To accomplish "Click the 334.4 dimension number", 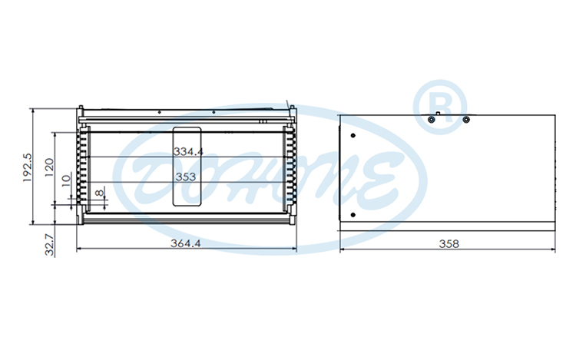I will [x=187, y=152].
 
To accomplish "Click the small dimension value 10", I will [x=67, y=183].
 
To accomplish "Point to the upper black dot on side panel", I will [x=353, y=136].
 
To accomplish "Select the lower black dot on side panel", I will [x=353, y=213].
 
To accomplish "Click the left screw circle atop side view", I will [x=432, y=119].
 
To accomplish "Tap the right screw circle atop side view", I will [x=465, y=119].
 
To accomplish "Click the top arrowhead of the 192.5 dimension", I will [x=33, y=111].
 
